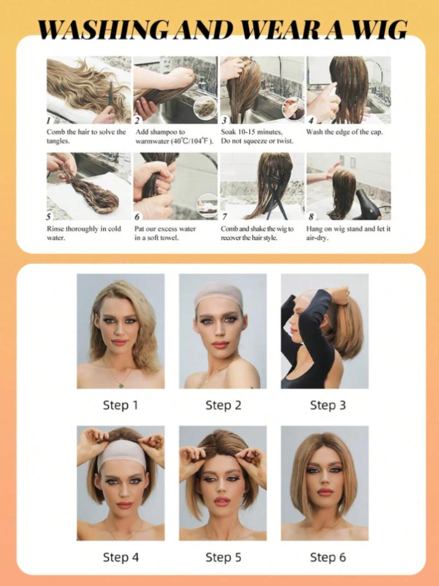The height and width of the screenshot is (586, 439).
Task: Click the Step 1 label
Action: (x=120, y=406)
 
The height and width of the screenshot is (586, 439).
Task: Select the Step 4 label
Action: (x=120, y=557)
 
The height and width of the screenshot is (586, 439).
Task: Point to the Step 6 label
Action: (x=328, y=557)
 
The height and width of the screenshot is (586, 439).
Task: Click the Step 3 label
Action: (x=328, y=406)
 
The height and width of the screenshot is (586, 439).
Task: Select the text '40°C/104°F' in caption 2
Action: (x=189, y=141)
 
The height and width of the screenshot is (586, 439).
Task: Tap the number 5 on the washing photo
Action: (x=49, y=217)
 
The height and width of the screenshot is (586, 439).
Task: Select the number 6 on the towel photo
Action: (x=137, y=217)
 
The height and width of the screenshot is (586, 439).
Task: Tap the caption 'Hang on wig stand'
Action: (x=348, y=229)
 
